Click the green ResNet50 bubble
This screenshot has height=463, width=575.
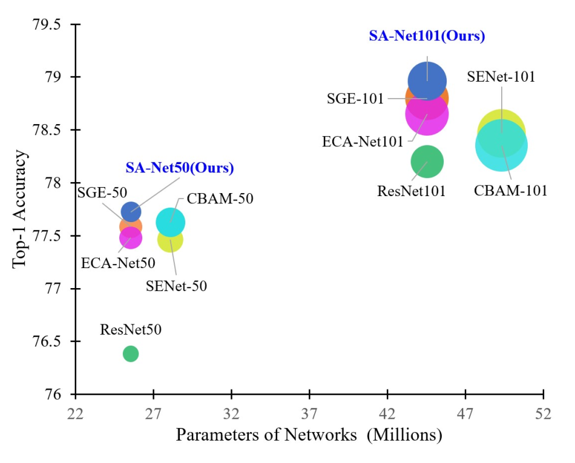[130, 353]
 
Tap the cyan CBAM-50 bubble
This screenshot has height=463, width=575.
[171, 222]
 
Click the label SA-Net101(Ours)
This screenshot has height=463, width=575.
[427, 36]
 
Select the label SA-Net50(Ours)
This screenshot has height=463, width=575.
[180, 168]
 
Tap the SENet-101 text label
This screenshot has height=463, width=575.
[501, 77]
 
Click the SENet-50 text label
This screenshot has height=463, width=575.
[176, 286]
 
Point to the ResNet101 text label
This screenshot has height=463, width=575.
[411, 191]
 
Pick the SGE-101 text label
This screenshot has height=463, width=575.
[355, 99]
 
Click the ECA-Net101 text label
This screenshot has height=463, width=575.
[363, 142]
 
